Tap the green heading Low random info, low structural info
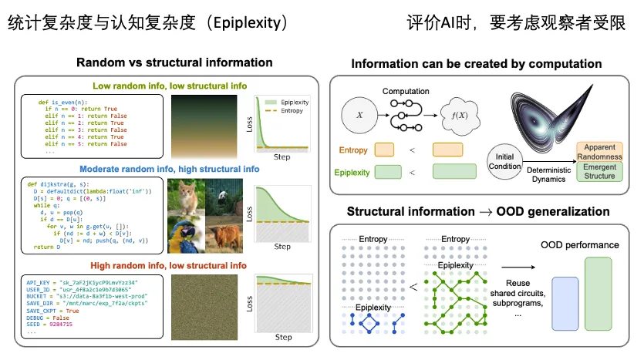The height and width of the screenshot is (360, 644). point(164,86)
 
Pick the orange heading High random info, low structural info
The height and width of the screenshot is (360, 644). point(166,265)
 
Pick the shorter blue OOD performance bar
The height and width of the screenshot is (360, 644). point(564,308)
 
